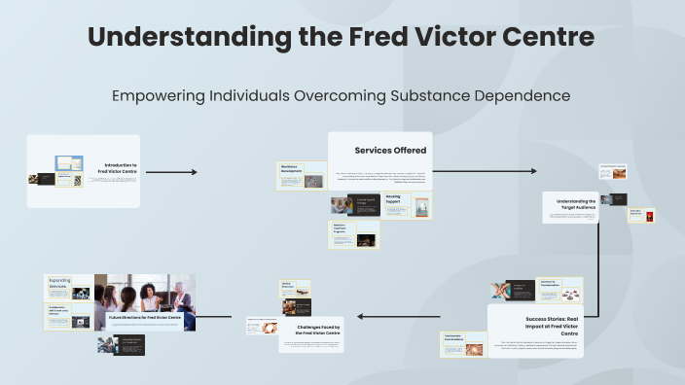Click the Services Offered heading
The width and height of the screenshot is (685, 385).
click(x=390, y=150)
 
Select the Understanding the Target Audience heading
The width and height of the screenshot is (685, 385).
click(x=576, y=204)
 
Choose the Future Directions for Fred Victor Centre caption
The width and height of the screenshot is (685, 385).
click(x=142, y=318)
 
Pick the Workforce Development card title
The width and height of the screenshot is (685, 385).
click(x=291, y=168)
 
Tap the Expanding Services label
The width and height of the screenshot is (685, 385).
click(x=59, y=283)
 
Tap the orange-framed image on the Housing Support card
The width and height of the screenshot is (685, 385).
click(x=421, y=206)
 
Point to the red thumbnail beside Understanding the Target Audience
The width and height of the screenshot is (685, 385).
click(x=649, y=214)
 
